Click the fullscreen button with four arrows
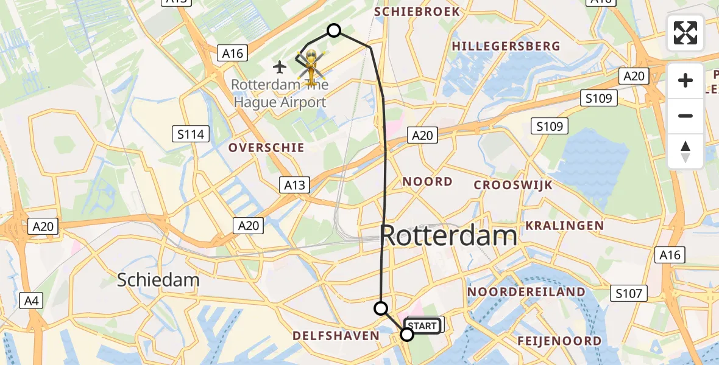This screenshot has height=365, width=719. click(685, 33)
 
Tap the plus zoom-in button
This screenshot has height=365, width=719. click(685, 80)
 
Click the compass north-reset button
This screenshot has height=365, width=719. click(685, 151)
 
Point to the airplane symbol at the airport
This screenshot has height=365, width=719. click(280, 66)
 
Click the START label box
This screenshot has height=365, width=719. click(422, 326)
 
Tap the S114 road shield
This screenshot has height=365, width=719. click(191, 134)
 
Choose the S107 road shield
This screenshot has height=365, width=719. click(629, 294)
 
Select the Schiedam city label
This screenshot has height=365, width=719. click(158, 280)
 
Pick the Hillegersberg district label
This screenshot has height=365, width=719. click(506, 46)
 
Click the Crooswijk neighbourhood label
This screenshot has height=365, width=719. click(513, 185)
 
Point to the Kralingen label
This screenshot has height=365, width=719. click(564, 226)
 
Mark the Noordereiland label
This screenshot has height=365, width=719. click(526, 292)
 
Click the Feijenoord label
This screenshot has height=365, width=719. click(559, 341)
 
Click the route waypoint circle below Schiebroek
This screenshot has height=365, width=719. click(334, 30)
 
